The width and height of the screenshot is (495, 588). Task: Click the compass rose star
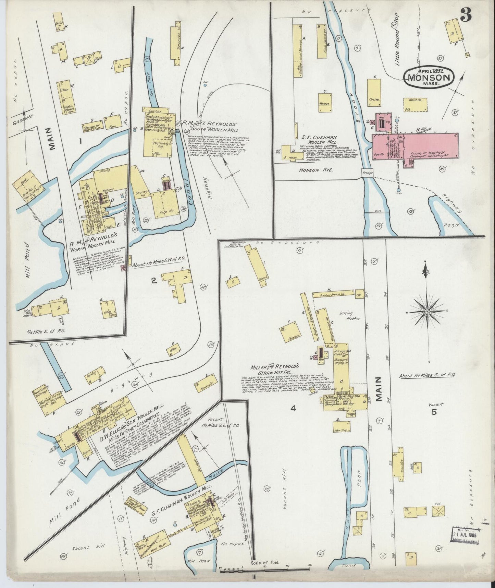point(427,311)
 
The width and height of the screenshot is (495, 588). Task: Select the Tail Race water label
point(149,73)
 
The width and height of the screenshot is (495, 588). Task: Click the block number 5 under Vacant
point(434,412)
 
